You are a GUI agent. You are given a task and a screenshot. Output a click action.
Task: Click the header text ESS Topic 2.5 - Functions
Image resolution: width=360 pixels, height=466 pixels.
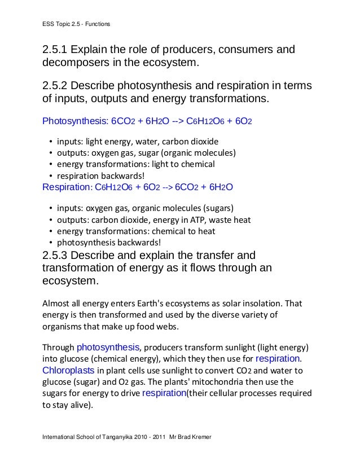click(x=76, y=24)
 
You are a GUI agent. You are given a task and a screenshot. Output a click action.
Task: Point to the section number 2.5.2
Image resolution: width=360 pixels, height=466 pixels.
click(x=58, y=86)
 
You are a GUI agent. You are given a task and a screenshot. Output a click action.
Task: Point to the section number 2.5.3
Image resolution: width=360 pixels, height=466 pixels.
click(x=58, y=254)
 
